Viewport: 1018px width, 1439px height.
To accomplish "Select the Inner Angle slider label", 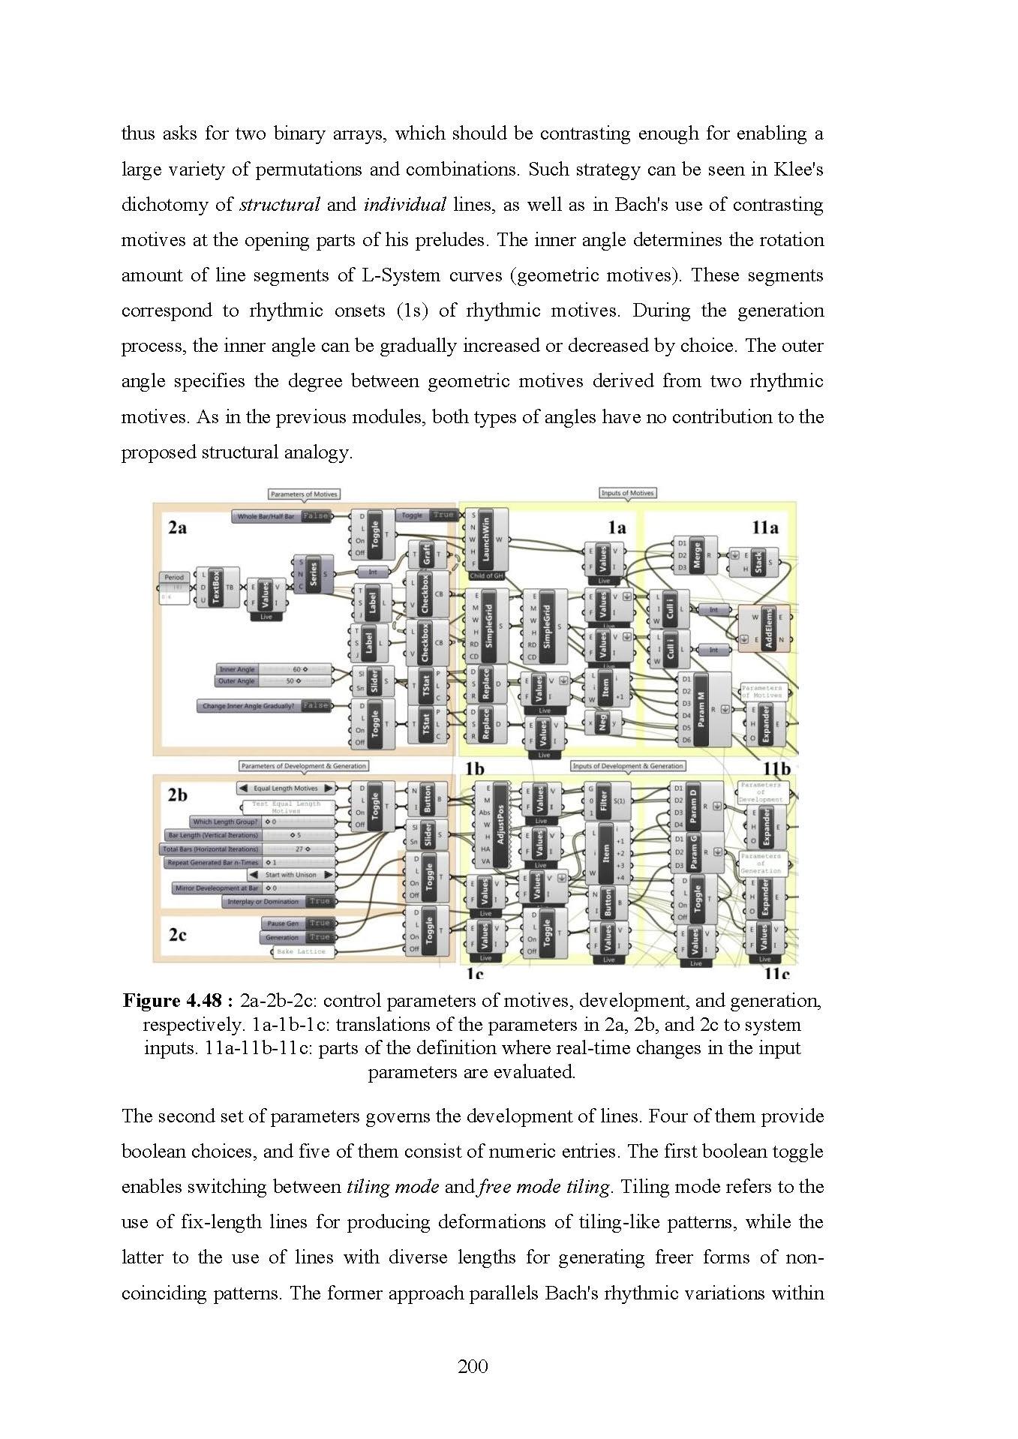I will [x=237, y=669].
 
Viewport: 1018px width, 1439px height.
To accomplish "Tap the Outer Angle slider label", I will [x=236, y=681].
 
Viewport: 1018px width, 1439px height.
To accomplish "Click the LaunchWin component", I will [x=485, y=540].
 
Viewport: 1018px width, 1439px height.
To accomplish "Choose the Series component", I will [x=313, y=574].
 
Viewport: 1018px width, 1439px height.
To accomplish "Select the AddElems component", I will [x=767, y=629].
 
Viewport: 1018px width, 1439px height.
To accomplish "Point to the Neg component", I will [x=602, y=723].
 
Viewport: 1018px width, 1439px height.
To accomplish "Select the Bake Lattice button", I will [x=302, y=951].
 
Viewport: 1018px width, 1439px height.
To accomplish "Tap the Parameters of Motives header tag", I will [x=304, y=494].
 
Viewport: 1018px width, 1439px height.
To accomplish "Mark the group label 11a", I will [x=764, y=527].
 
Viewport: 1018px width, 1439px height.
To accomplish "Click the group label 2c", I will [x=178, y=935].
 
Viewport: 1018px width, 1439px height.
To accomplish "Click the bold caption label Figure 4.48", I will [x=178, y=1001].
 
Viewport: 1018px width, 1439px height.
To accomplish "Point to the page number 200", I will [x=473, y=1366].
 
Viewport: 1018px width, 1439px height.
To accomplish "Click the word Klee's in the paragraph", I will [x=798, y=170].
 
